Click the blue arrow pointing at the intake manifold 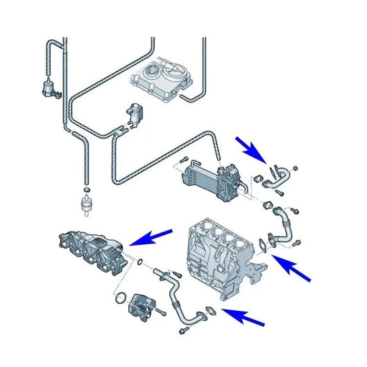coord(153,236)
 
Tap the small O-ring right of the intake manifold coord(142,262)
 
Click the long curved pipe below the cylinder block coord(177,298)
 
